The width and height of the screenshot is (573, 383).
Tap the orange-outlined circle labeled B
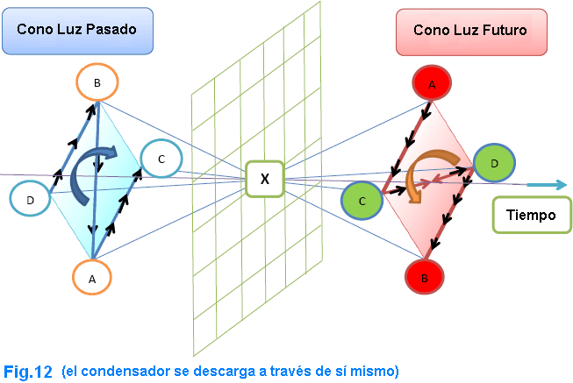pos(97,82)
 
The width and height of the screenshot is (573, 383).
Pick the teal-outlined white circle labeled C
pos(161,159)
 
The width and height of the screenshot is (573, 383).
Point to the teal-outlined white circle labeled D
pos(31,200)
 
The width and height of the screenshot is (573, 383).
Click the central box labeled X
pos(263,179)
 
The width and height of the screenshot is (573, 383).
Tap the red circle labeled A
pos(432,84)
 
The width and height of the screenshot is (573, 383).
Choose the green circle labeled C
pos(362,200)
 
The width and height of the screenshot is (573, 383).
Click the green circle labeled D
pos(494,162)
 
